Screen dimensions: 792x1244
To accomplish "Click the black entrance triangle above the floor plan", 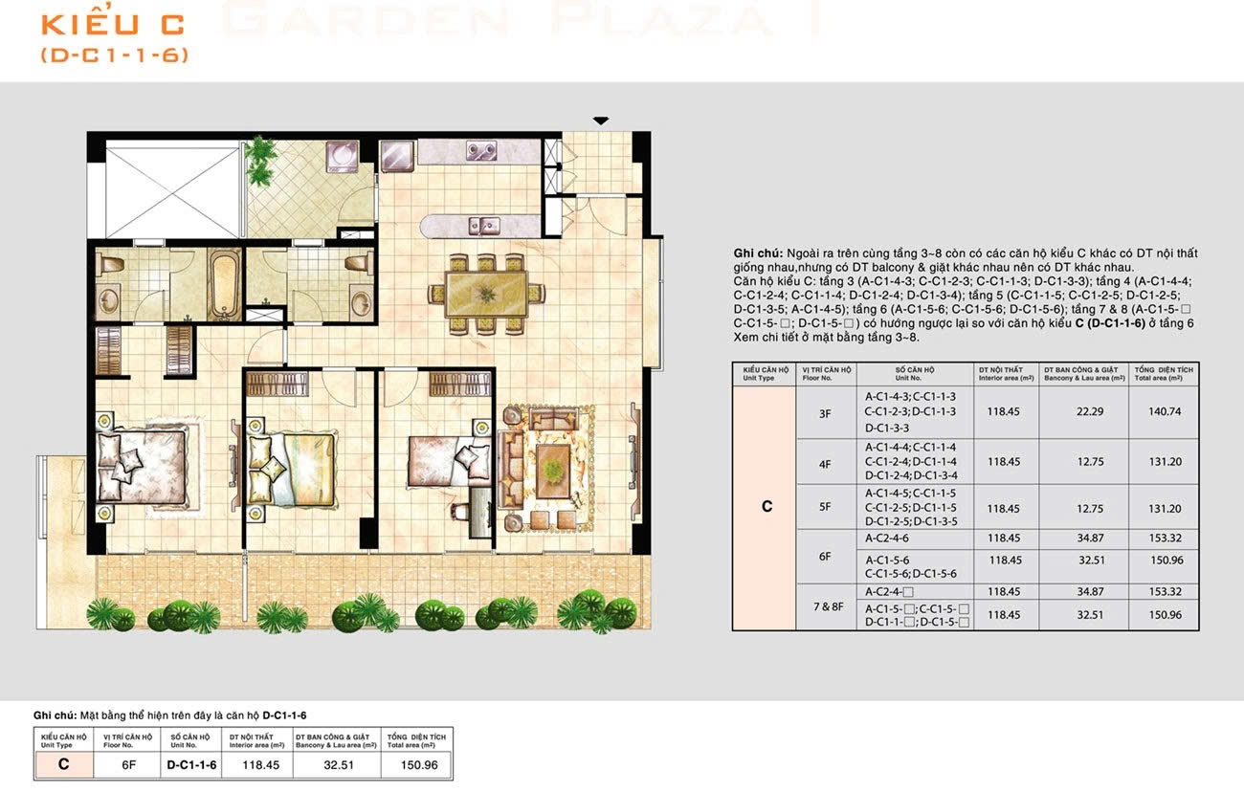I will (600, 121).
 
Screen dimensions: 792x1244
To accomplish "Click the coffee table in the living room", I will (551, 465).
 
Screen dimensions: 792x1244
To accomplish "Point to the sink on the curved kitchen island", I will (483, 226).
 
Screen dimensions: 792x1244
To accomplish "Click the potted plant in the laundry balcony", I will (261, 150).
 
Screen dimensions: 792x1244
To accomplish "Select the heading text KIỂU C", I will (112, 23).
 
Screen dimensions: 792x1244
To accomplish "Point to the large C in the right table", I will (766, 507).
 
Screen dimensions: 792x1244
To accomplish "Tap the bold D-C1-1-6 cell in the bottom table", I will (191, 764).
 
